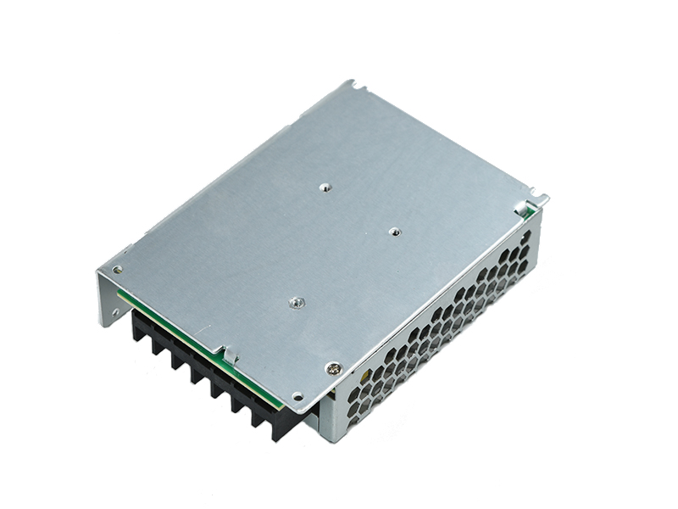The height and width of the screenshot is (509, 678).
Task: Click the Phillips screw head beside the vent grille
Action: tap(335, 367)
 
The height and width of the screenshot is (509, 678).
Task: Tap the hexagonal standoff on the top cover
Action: tap(296, 302)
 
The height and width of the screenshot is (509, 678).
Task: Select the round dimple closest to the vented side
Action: tap(393, 231)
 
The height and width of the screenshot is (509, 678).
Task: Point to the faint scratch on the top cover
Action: tap(254, 212)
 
